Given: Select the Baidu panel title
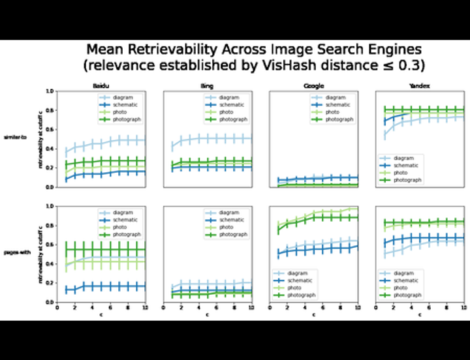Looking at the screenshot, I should point(101,86).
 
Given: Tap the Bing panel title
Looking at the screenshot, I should point(207,86).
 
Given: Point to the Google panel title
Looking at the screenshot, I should point(313,86).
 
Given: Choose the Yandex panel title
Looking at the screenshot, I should point(420,86).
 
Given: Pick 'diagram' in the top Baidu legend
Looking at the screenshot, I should point(122,97).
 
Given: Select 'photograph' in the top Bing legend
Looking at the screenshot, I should point(232,120).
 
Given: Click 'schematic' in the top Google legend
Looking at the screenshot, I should point(337,105).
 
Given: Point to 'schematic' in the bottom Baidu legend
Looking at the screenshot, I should point(124,220).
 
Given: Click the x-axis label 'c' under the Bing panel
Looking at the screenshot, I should point(207,315).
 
